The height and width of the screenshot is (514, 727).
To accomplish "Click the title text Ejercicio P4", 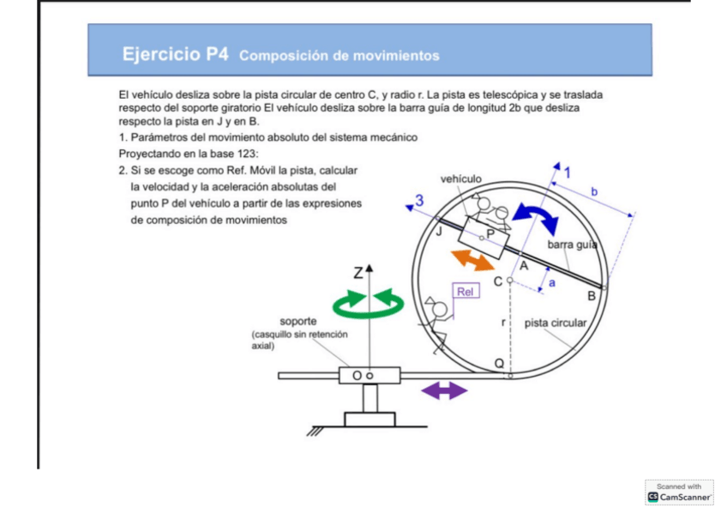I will (x=175, y=55).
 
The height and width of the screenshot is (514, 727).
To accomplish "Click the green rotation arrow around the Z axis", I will (x=370, y=303).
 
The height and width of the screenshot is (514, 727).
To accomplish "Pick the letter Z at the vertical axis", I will (x=358, y=274).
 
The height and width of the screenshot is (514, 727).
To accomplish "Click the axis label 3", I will (x=418, y=201).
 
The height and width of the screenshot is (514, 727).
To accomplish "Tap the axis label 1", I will (x=566, y=172).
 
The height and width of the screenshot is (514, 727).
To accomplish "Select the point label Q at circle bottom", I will (x=499, y=363).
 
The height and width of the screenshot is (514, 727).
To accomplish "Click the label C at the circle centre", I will (x=497, y=281).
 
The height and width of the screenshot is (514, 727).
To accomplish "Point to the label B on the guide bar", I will (x=591, y=296).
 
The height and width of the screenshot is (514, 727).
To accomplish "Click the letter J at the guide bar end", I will (x=439, y=230).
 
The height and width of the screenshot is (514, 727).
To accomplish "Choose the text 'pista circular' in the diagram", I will (x=556, y=324).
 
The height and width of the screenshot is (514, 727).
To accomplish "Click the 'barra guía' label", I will (x=572, y=245).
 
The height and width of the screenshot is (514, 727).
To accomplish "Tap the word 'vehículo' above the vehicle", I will (x=461, y=178).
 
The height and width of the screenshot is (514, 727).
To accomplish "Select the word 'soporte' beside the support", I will (x=298, y=322).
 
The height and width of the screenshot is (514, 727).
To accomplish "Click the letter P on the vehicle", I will (x=490, y=232).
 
